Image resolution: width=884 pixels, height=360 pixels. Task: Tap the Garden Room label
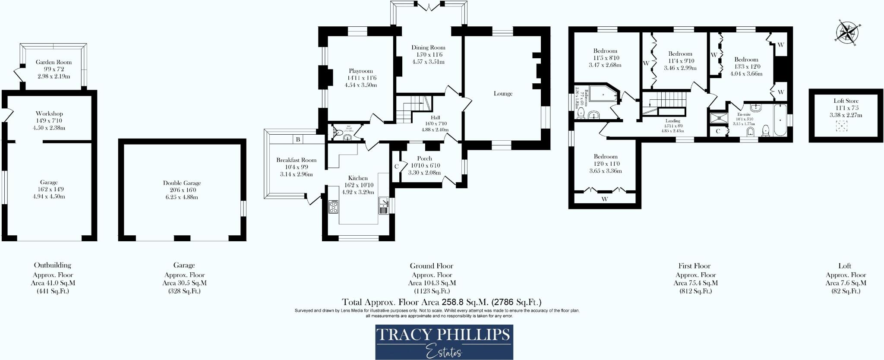[54, 62]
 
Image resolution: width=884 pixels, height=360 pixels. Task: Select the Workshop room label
[49, 114]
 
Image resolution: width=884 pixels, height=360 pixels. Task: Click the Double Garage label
[182, 183]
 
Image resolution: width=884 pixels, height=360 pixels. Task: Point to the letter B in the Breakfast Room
[298, 139]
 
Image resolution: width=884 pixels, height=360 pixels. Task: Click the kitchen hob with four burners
[333, 207]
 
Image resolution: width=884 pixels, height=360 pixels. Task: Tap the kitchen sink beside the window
[383, 205]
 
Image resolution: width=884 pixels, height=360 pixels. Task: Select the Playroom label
[360, 71]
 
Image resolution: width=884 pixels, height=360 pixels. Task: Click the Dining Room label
[428, 47]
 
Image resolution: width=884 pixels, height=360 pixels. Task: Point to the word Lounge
[503, 93]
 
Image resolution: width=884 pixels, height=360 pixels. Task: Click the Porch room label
[424, 158]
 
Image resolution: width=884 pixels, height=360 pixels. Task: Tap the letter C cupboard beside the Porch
[396, 166]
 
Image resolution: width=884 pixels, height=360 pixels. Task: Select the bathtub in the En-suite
[780, 120]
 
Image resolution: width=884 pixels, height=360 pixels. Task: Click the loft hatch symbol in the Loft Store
[841, 126]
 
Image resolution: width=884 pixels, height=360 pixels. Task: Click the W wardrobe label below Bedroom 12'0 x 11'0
[604, 199]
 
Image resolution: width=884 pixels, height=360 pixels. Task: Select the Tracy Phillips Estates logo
[444, 342]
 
